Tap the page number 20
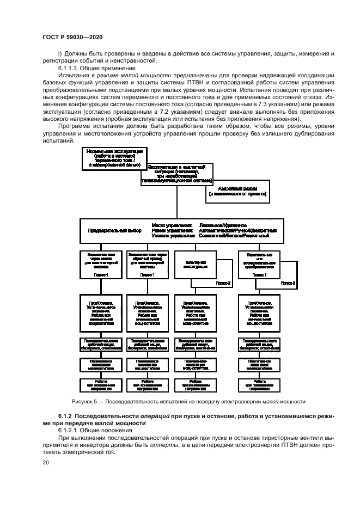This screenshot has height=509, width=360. tap(46, 463)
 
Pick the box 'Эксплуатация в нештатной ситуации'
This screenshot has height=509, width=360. tap(176, 174)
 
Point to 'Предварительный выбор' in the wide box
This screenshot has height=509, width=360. tap(115, 230)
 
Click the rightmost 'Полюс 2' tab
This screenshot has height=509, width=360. tap(288, 283)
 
